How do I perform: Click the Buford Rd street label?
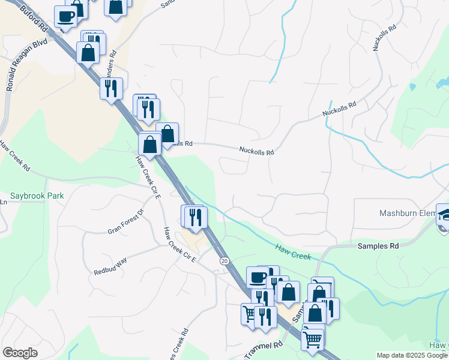[33, 18]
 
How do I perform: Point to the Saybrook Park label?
[37, 196]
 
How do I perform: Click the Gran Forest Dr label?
[126, 221]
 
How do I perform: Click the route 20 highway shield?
[224, 261]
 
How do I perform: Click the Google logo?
[20, 353]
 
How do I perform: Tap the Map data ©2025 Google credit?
[412, 355]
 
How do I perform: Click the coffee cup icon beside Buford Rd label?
[65, 16]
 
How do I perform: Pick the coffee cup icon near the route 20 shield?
[257, 277]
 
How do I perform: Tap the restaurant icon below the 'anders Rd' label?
[110, 89]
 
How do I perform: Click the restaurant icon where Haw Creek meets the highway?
[195, 216]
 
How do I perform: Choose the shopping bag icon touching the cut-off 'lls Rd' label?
[167, 133]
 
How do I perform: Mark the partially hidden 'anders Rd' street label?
[111, 61]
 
